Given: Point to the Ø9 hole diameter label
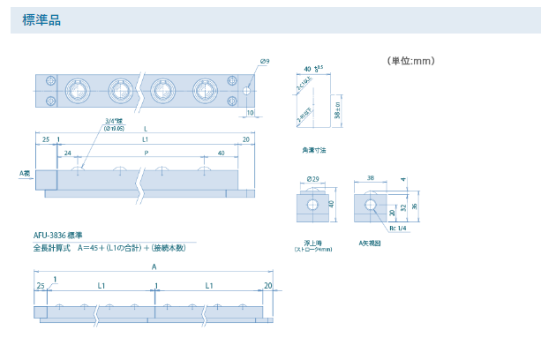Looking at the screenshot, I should (x=265, y=61).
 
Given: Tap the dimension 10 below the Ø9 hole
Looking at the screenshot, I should (x=251, y=112).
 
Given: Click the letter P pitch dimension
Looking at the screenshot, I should (x=146, y=152).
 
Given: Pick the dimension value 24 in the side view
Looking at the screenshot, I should (x=67, y=152).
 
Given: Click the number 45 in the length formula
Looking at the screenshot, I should (x=93, y=247).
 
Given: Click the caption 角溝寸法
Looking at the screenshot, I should (x=312, y=149).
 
